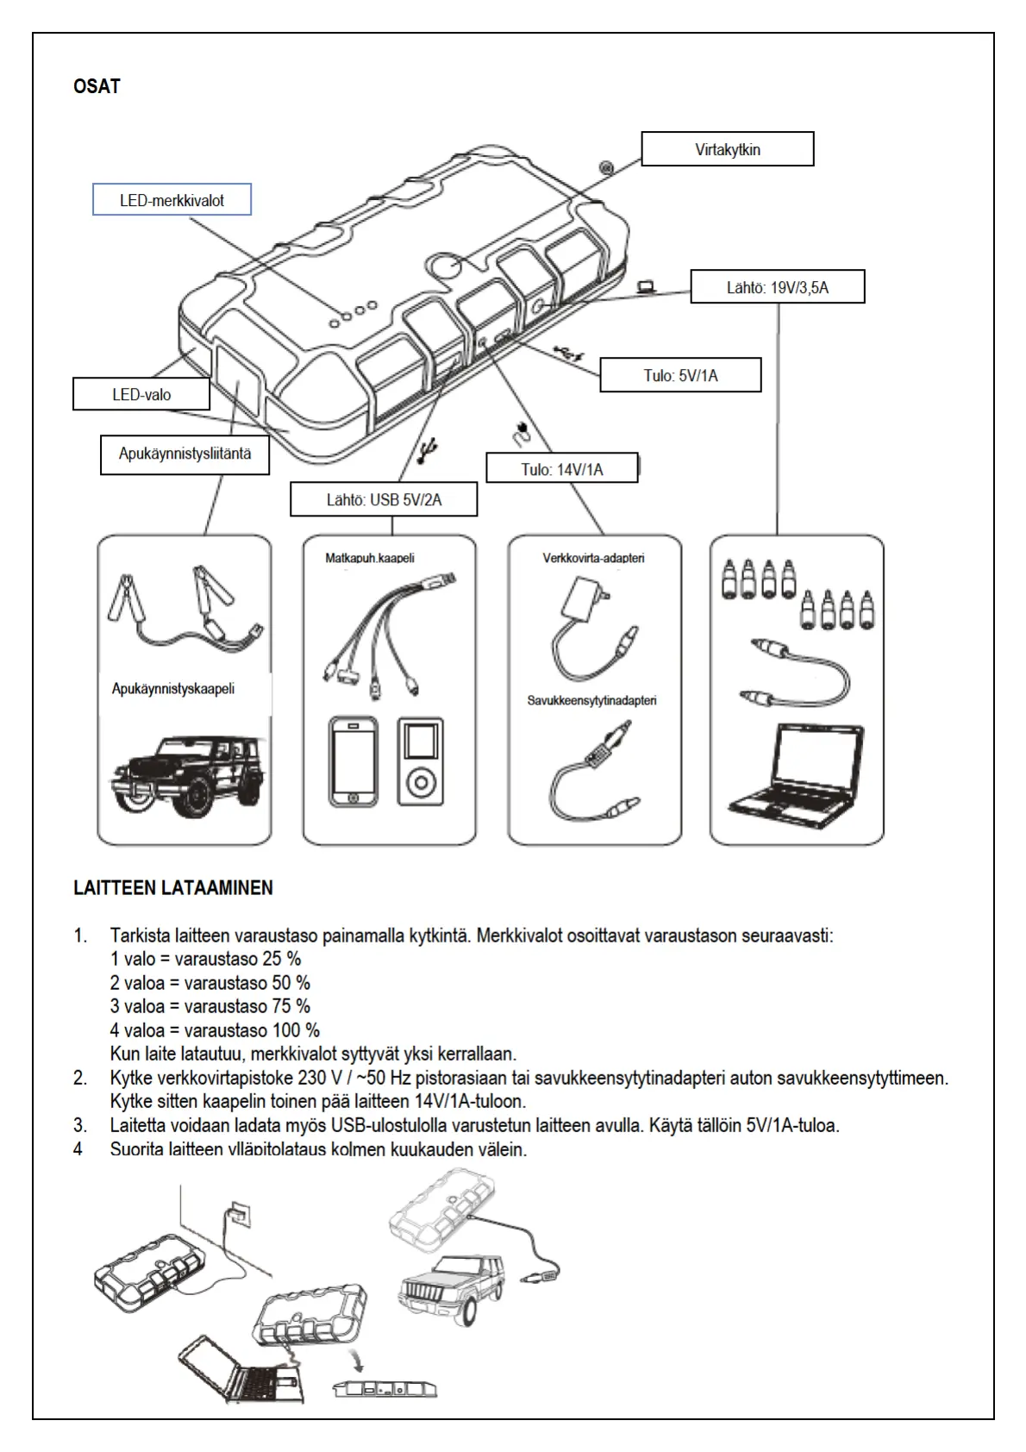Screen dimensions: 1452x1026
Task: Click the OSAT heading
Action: tap(97, 87)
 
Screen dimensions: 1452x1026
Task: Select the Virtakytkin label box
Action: tap(727, 149)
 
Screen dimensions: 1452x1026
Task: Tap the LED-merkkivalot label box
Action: tap(172, 200)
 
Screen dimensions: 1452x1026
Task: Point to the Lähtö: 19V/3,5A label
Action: tap(777, 287)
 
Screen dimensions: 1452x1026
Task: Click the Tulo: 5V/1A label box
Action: tap(680, 375)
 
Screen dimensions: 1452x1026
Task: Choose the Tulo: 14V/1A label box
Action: tap(562, 469)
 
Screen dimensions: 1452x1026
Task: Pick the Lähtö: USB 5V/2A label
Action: tap(384, 500)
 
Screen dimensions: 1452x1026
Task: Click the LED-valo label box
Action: tap(141, 395)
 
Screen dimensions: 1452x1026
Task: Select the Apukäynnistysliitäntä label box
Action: tap(185, 454)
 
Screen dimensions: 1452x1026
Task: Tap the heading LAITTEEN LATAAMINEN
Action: tap(172, 888)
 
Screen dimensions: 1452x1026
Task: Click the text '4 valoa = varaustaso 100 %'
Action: tap(215, 1030)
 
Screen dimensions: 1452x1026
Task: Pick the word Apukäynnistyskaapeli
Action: tap(173, 689)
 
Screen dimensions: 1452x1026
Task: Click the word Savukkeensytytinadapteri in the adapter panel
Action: tap(591, 700)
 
